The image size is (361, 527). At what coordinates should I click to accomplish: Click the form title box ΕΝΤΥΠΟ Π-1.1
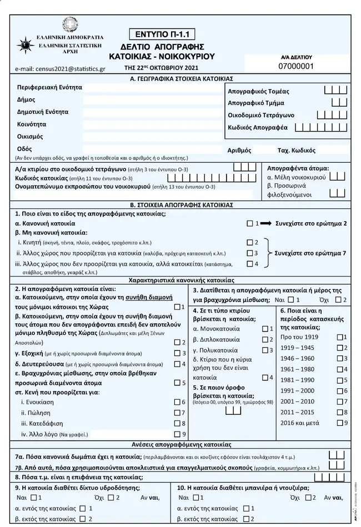point(162,33)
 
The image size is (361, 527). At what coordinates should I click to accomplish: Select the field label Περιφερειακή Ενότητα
point(49,88)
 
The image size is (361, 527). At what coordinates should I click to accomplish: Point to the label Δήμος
point(26,100)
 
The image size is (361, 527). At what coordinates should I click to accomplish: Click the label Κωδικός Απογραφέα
point(258,128)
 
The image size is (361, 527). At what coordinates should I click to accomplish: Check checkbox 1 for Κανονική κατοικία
point(249,223)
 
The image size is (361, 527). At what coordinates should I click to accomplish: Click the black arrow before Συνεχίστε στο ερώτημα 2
point(265,223)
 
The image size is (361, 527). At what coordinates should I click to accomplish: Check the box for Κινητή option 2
point(249,243)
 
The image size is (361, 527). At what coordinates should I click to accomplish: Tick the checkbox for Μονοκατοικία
point(264,329)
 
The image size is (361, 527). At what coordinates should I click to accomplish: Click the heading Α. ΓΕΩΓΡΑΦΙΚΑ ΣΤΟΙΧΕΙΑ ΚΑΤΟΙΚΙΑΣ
point(180,79)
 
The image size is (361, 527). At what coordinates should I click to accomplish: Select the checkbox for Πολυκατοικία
point(264,350)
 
